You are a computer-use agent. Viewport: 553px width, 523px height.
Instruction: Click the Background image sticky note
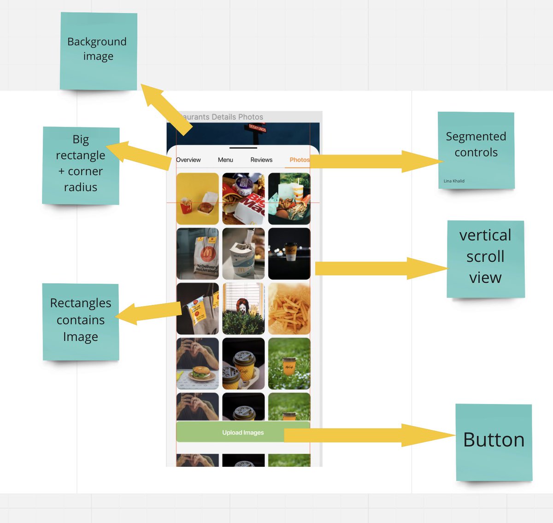coord(98,51)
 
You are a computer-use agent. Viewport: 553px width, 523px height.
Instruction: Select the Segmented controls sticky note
coord(476,150)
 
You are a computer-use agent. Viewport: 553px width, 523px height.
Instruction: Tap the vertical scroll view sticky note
coord(485,258)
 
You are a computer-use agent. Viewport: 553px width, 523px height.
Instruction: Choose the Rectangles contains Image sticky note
coord(81,321)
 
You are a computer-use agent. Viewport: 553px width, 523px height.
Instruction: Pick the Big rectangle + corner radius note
coord(81,165)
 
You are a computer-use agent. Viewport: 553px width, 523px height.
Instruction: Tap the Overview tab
coord(188,160)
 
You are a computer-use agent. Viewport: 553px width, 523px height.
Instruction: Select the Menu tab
coord(225,160)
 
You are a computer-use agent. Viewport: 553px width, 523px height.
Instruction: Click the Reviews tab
coord(261,160)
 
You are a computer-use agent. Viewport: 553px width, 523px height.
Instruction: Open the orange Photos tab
coord(299,160)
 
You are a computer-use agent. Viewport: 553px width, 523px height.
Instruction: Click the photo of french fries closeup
coord(289,309)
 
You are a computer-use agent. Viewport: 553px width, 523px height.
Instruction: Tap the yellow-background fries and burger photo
coord(198,199)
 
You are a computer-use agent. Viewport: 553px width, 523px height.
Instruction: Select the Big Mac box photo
coord(243,199)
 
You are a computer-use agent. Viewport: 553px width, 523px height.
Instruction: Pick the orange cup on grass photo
coord(289,363)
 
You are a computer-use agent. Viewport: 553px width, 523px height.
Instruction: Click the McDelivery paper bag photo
coord(198,254)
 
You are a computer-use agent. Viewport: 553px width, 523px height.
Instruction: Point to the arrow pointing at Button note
coord(369,435)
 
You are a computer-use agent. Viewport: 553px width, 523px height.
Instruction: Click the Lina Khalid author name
coord(454,181)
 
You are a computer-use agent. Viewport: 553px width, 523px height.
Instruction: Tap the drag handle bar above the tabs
coord(243,148)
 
